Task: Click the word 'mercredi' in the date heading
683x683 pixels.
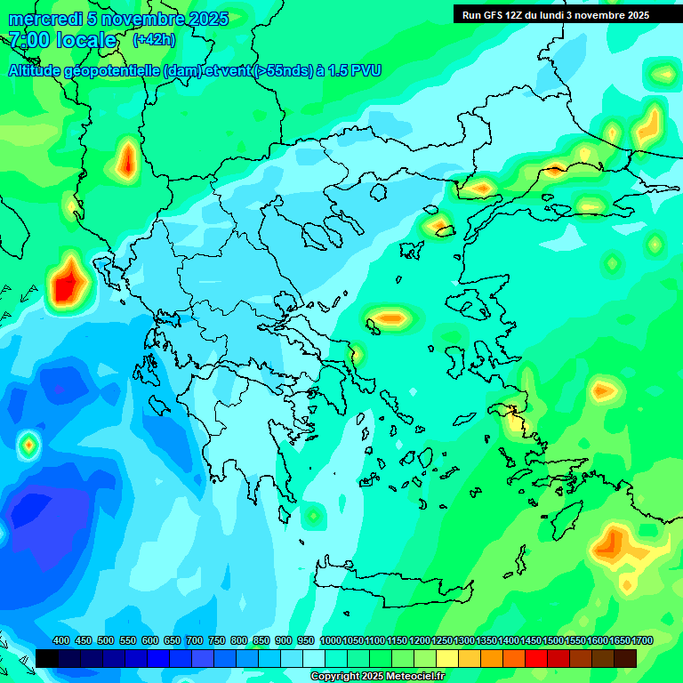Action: click(41, 19)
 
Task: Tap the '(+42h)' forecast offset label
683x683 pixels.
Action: click(154, 40)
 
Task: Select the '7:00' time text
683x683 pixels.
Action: click(28, 40)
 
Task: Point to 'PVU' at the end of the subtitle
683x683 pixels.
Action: click(366, 70)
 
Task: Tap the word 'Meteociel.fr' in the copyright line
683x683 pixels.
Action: click(411, 677)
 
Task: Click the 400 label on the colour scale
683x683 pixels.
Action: click(61, 641)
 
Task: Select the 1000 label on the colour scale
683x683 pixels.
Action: click(330, 641)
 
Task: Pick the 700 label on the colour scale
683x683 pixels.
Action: click(195, 641)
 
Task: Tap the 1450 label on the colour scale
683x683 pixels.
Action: click(531, 641)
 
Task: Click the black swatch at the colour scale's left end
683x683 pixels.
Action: click(47, 658)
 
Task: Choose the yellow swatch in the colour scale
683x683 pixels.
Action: click(447, 658)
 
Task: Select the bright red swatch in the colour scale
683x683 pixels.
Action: click(536, 658)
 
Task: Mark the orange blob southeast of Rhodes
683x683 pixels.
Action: click(613, 543)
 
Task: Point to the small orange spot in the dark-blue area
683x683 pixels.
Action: click(29, 443)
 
